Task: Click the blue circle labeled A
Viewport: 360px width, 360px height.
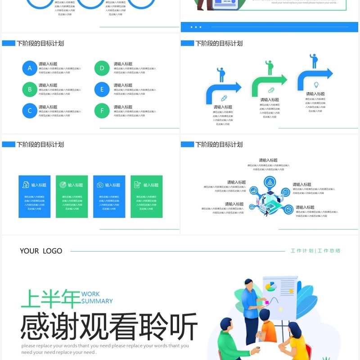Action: coord(30,68)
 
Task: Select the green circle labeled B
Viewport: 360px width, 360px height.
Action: coord(30,89)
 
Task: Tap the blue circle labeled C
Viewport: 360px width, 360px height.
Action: coord(30,111)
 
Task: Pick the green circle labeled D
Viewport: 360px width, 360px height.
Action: coord(102,68)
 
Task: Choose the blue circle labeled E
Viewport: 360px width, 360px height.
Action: coord(102,89)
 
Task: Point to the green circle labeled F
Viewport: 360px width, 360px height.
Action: coord(102,111)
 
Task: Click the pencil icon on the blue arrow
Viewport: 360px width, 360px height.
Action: coord(224,98)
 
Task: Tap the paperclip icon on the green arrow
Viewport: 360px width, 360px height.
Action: coord(271,90)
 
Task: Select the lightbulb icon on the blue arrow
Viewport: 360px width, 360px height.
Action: coord(316,85)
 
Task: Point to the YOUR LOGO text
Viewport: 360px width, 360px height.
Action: coord(41,251)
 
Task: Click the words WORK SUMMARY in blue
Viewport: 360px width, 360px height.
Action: coord(97,297)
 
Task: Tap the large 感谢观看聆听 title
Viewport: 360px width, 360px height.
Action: coord(109,327)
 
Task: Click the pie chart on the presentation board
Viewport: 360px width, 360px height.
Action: coord(271,287)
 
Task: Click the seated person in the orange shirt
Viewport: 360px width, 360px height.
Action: coord(268,331)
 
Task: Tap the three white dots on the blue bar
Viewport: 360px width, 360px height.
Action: coord(196,27)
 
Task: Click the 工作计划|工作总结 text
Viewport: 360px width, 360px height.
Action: coord(315,251)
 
